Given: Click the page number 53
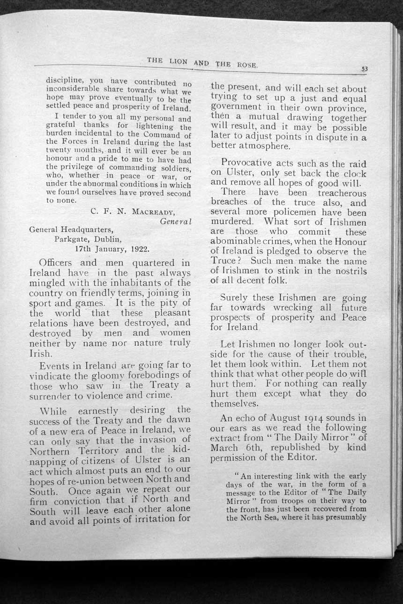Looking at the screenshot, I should [365, 68].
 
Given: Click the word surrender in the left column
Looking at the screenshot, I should [51, 395].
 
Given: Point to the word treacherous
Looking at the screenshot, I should [342, 192].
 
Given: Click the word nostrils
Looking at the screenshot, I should [347, 271].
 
